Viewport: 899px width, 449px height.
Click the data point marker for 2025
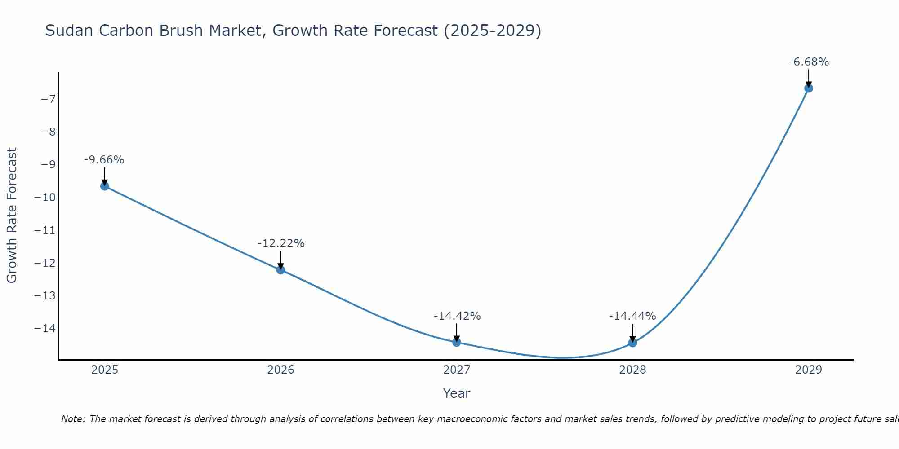click(x=105, y=186)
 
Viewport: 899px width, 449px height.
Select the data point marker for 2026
click(x=280, y=270)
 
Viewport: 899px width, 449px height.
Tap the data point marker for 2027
click(x=457, y=342)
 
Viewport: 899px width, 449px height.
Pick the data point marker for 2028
click(x=632, y=343)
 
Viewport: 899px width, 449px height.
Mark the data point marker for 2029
click(x=809, y=88)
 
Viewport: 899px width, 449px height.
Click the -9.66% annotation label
click(x=104, y=160)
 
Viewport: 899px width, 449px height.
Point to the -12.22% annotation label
click(x=281, y=243)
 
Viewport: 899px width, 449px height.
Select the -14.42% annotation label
click(x=457, y=316)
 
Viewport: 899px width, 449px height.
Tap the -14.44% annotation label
click(x=632, y=316)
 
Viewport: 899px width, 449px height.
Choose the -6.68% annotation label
click(x=809, y=62)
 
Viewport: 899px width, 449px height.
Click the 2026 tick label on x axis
click(x=280, y=370)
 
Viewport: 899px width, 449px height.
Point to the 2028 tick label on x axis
click(x=632, y=370)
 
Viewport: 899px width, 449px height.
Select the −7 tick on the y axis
click(x=48, y=99)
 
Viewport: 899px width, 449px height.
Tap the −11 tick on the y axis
click(x=45, y=230)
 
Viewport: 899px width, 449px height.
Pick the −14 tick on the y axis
click(x=45, y=328)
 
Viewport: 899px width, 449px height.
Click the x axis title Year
click(x=456, y=393)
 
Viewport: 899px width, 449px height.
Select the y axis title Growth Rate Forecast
click(x=12, y=215)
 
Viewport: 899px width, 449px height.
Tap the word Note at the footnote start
click(x=72, y=419)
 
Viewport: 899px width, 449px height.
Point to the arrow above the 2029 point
click(x=809, y=78)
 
